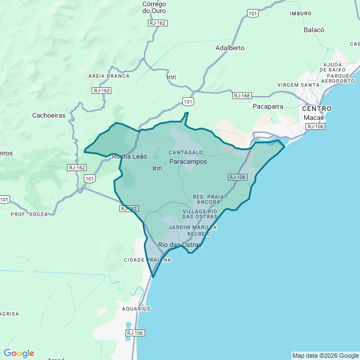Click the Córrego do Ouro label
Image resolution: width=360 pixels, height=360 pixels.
(154, 7)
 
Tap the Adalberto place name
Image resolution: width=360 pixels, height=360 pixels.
(230, 48)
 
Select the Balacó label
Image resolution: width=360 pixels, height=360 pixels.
(314, 30)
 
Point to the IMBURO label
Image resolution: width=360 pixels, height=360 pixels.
(300, 13)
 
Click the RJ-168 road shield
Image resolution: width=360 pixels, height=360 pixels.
(242, 96)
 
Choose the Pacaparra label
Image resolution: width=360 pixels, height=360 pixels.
(268, 106)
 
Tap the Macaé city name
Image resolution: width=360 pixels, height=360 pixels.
(314, 118)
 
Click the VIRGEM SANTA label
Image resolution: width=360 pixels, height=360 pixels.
(302, 85)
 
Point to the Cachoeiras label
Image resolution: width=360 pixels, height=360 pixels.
(49, 115)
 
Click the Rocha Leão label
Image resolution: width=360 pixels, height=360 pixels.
(129, 157)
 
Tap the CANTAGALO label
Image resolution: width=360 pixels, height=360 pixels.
(186, 152)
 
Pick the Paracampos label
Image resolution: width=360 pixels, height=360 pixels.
(188, 161)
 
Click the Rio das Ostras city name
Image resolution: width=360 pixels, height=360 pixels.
(180, 245)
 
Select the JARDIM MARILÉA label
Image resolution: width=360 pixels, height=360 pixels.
(193, 227)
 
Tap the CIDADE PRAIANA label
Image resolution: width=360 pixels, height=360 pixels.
(147, 260)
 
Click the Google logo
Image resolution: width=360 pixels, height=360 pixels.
(19, 353)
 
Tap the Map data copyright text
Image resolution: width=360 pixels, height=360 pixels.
(325, 355)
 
